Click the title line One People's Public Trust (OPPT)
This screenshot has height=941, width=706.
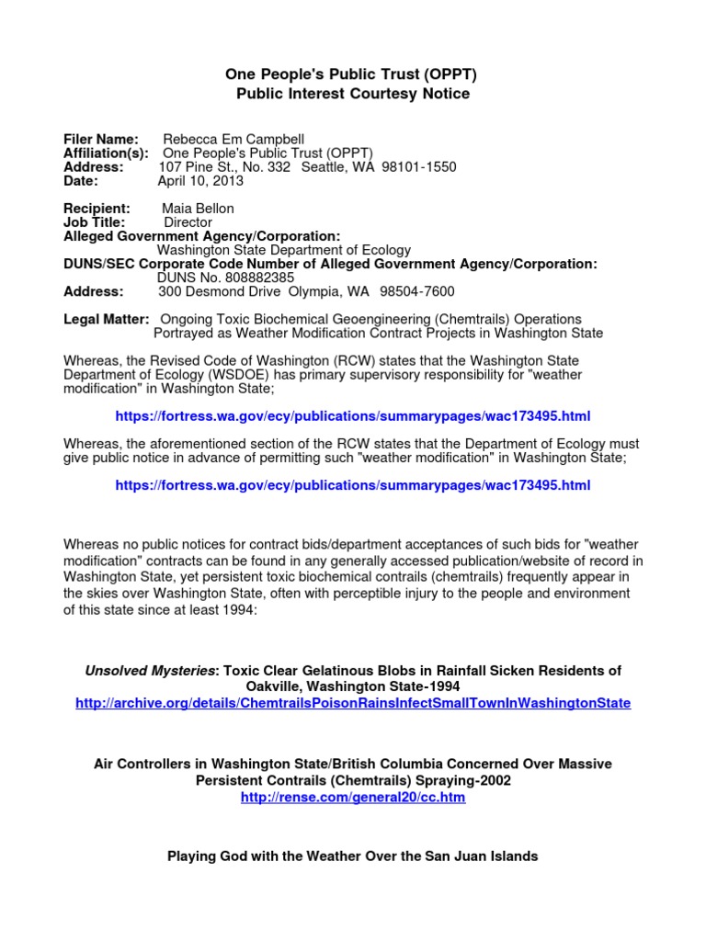tap(353, 74)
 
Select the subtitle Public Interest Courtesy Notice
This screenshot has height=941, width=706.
tap(353, 94)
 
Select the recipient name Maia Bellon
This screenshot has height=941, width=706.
tap(198, 209)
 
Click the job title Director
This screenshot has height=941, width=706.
tap(188, 222)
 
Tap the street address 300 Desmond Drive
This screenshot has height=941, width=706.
tap(221, 291)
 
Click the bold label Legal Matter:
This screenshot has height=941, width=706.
tap(106, 319)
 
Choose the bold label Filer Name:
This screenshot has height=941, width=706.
tap(101, 139)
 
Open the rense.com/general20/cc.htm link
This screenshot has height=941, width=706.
tap(353, 798)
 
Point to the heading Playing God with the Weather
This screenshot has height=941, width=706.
tap(352, 856)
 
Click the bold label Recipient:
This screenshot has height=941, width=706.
tap(97, 209)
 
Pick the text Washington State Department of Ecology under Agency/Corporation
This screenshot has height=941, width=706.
tap(284, 250)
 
